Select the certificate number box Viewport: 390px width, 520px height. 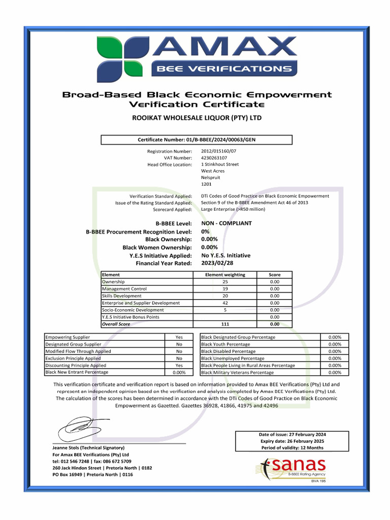point(197,140)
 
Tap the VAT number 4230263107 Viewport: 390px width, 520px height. point(214,158)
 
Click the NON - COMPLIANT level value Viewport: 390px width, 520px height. point(226,223)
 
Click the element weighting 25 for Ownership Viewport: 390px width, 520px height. point(225,282)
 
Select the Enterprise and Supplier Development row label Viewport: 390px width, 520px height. point(141,303)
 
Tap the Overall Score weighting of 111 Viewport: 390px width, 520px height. point(225,323)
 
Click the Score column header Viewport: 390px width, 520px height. point(274,275)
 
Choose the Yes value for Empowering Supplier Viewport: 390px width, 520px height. point(179,337)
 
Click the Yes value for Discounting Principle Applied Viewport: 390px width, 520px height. point(179,365)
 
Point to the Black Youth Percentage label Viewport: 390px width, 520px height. point(225,344)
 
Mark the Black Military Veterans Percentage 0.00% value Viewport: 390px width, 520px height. point(335,372)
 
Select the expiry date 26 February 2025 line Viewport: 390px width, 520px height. point(292,441)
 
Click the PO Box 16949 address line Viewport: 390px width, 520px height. point(93,475)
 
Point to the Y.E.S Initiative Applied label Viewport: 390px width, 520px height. point(160,255)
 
